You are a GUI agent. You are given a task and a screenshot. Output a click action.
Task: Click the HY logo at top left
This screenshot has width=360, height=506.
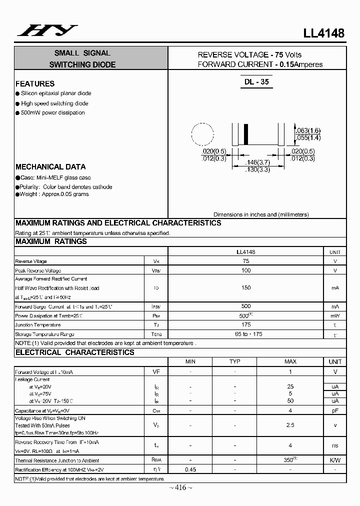coord(47,31)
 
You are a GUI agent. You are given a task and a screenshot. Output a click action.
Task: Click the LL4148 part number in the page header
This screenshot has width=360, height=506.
coord(324,33)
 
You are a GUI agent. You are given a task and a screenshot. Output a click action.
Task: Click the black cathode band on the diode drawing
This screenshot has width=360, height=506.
coord(245,134)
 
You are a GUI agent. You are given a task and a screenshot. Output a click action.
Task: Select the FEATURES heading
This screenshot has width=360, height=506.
coord(35,84)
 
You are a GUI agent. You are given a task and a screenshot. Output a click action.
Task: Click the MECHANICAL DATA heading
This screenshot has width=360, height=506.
coord(50,167)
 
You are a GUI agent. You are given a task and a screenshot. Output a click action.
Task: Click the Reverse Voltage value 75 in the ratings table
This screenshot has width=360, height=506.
coord(245,261)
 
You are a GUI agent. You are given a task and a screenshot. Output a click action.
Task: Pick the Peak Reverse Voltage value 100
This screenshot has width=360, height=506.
coord(245,270)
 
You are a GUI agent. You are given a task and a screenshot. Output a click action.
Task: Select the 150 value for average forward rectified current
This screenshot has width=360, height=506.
coord(245,288)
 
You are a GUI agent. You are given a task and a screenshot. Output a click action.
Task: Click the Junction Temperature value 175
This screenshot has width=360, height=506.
coord(245,325)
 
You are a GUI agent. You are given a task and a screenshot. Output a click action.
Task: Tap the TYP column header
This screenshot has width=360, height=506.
coord(235,361)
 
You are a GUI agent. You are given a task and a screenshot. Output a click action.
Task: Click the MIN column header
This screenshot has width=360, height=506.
coord(190,361)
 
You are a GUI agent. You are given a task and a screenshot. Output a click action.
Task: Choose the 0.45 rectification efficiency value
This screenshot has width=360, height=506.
coord(190,469)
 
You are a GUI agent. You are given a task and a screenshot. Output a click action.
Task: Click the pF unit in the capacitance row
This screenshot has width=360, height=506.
coord(335,410)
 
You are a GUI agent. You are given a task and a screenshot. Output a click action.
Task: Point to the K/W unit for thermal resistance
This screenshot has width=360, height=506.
coord(335,460)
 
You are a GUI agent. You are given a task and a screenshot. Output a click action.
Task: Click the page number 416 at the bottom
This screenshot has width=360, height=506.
coord(180,488)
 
